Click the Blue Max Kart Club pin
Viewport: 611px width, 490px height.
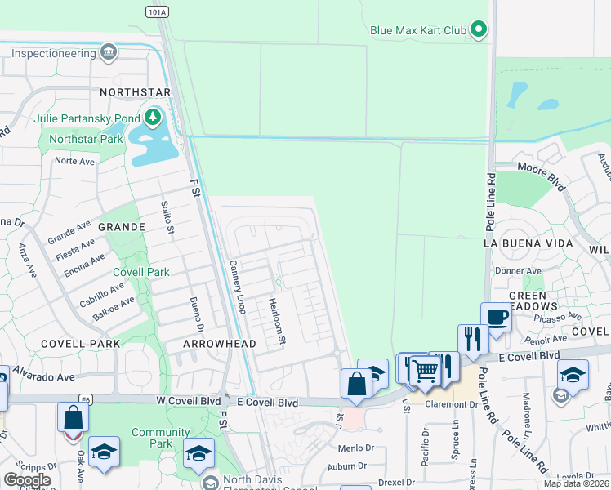479,31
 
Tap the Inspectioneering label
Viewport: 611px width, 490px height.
53,53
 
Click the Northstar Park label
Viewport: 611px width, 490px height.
86,139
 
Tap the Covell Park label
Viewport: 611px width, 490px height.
141,272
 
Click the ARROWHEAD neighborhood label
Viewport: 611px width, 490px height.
219,344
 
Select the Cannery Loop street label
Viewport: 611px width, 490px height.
237,287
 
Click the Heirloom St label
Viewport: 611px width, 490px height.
279,319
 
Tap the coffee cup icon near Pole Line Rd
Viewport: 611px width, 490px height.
496,316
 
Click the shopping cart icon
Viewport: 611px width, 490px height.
425,371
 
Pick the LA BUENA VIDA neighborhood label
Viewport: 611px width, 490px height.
524,243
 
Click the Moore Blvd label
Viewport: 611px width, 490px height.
541,175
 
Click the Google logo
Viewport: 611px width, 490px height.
27,479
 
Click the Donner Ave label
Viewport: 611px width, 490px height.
518,271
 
